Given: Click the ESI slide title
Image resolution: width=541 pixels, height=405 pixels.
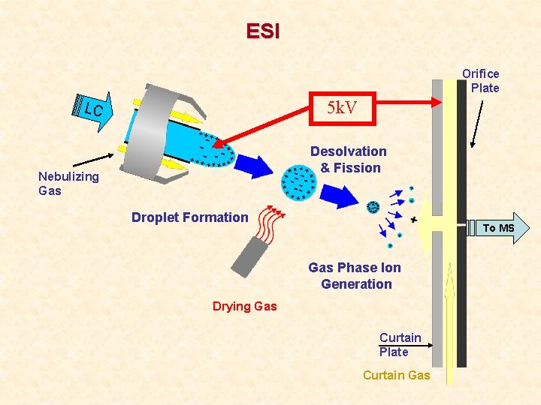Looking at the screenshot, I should tap(262, 31).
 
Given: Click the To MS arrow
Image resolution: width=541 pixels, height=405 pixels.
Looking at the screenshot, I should tap(497, 227).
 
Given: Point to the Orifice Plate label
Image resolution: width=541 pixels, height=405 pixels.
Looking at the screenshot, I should tap(481, 80).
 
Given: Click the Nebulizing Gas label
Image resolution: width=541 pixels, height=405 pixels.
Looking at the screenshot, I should tap(68, 183).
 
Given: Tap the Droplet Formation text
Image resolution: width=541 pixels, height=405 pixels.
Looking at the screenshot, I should tap(189, 217).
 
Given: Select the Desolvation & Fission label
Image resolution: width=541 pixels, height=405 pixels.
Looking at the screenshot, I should tap(349, 160).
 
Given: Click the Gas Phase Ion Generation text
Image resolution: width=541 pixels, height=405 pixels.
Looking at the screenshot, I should tap(355, 276).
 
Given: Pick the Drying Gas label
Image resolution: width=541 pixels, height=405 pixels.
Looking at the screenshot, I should tap(244, 306).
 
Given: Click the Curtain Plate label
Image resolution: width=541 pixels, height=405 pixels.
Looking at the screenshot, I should tap(400, 344).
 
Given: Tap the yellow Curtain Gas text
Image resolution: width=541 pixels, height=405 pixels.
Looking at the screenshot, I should tap(396, 375).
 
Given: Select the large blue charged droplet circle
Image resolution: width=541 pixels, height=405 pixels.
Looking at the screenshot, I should tap(298, 181).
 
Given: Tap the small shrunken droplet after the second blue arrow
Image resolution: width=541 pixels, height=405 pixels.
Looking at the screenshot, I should tap(373, 206).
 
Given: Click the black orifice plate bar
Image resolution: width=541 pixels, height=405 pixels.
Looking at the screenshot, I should tap(461, 225).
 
